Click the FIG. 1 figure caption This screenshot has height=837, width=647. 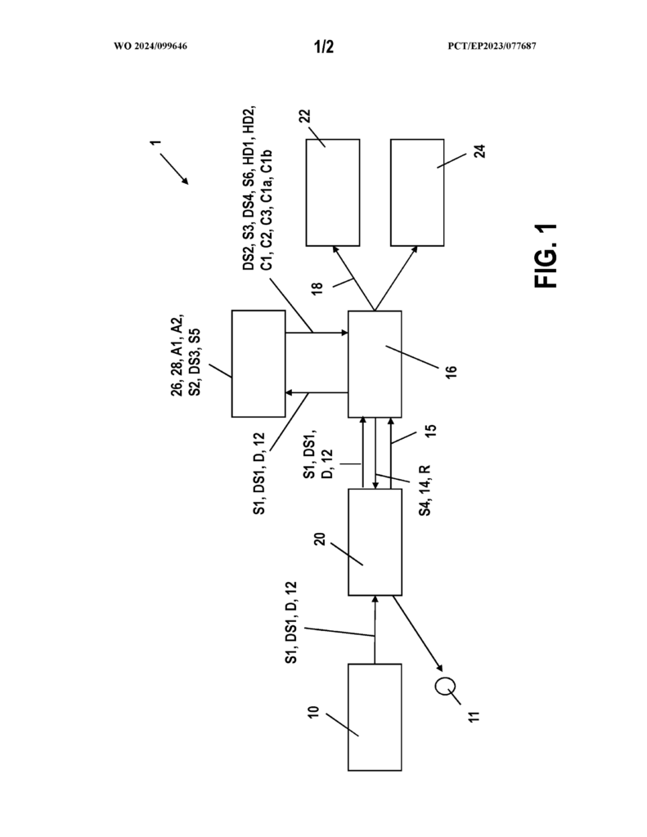click(x=546, y=256)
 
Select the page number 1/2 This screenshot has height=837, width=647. click(x=324, y=47)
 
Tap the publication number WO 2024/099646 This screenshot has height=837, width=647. click(x=151, y=46)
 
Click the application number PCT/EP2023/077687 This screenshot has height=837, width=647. click(x=492, y=46)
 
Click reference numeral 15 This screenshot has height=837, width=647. click(x=431, y=430)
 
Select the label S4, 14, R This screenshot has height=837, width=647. click(x=425, y=490)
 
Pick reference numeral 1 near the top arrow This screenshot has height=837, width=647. click(x=155, y=143)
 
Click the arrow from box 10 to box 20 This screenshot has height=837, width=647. click(x=375, y=629)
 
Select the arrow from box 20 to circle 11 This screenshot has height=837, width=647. click(x=418, y=633)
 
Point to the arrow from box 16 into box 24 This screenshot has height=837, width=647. click(x=396, y=278)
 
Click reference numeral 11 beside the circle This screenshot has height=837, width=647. click(x=474, y=716)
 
